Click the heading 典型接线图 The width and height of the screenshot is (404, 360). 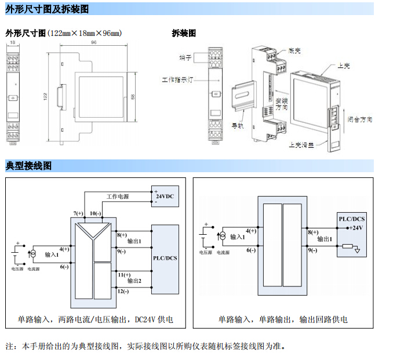(29, 166)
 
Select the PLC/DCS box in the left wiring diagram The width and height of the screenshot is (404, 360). (165, 258)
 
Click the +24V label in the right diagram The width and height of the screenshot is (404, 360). (355, 228)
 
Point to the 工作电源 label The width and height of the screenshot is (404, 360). (118, 197)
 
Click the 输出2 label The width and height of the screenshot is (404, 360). (134, 281)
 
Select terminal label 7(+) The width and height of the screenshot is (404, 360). (79, 213)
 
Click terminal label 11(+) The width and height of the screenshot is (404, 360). (123, 274)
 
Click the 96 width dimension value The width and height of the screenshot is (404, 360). (93, 42)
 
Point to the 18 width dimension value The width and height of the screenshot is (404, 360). (13, 43)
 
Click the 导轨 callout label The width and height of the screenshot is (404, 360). (237, 125)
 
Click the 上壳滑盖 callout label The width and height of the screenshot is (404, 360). (301, 146)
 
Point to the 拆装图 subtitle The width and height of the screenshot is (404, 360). (184, 34)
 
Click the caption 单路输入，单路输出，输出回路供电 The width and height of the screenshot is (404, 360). (283, 319)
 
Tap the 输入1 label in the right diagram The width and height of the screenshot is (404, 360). (238, 237)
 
